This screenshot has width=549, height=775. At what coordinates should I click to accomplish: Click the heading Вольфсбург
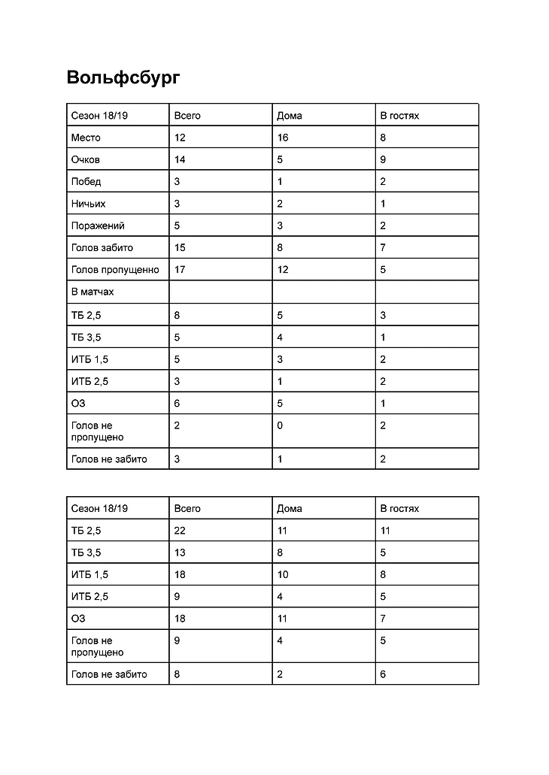pyautogui.click(x=123, y=77)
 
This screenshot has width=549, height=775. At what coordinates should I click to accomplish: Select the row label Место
pyautogui.click(x=86, y=138)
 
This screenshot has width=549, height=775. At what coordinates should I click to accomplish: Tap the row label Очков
pyautogui.click(x=86, y=159)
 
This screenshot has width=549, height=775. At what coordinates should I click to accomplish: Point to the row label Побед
pyautogui.click(x=86, y=181)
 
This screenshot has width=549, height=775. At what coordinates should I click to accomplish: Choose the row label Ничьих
pyautogui.click(x=88, y=203)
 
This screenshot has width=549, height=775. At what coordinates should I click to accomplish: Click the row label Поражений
pyautogui.click(x=98, y=226)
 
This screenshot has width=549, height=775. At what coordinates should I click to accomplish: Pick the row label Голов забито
pyautogui.click(x=102, y=247)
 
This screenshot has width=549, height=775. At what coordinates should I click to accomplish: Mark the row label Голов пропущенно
pyautogui.click(x=115, y=269)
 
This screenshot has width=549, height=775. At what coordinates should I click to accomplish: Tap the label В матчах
pyautogui.click(x=93, y=291)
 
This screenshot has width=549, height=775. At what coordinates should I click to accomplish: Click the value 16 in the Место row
pyautogui.click(x=283, y=138)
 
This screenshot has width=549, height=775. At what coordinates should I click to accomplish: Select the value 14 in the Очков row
pyautogui.click(x=180, y=159)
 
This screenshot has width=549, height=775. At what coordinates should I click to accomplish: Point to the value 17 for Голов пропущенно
pyautogui.click(x=180, y=269)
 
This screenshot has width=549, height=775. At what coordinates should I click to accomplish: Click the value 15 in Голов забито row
pyautogui.click(x=180, y=247)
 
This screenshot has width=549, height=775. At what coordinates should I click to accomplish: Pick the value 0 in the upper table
pyautogui.click(x=280, y=425)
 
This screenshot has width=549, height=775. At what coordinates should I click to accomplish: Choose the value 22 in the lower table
pyautogui.click(x=180, y=531)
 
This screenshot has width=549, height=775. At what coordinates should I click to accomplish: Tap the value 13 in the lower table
pyautogui.click(x=180, y=552)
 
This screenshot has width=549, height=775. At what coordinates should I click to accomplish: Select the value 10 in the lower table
pyautogui.click(x=283, y=574)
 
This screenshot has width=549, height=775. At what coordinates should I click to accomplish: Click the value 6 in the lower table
pyautogui.click(x=383, y=674)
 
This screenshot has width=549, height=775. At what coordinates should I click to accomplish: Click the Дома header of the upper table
pyautogui.click(x=290, y=116)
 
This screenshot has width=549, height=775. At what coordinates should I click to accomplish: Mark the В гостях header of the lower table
pyautogui.click(x=399, y=508)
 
